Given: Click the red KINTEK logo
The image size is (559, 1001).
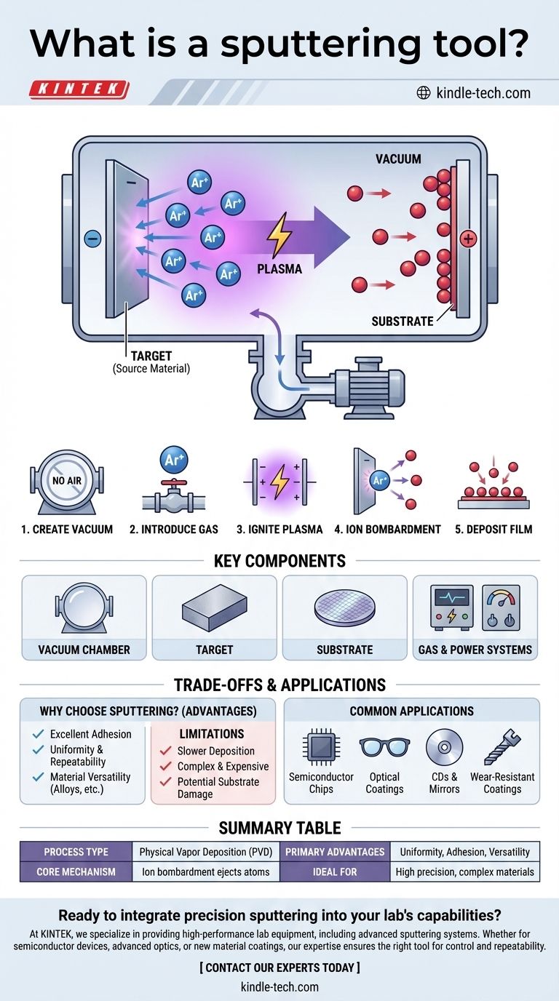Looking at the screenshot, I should tap(79, 90).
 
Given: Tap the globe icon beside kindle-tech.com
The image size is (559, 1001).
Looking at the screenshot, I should tap(423, 92).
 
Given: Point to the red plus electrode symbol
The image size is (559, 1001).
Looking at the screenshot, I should tap(467, 238).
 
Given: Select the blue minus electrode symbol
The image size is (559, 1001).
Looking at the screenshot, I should tap(92, 238).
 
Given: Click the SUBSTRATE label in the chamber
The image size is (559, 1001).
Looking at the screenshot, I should tap(402, 320).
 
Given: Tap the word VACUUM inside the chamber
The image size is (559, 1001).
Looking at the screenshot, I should tap(398, 159).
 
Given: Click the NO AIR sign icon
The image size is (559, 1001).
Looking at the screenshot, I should tap(66, 480).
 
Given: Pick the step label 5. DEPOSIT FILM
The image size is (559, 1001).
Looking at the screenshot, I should tap(493, 529).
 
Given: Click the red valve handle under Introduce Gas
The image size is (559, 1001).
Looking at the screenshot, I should tap(173, 487).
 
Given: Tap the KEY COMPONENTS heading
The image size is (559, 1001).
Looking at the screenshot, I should tap(279, 561).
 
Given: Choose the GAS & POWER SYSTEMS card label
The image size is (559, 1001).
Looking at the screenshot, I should tap(475, 649).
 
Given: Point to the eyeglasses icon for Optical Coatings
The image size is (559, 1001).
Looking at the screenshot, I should tap(384, 748).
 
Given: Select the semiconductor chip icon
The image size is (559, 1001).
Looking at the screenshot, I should tap(320, 748).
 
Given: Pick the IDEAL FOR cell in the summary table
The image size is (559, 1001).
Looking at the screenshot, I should tap(335, 871).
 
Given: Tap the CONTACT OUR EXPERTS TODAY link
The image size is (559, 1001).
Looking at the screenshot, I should tap(279, 967).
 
